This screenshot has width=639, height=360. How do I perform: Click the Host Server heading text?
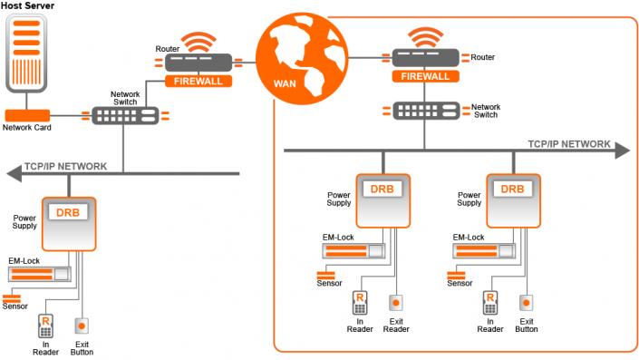27,6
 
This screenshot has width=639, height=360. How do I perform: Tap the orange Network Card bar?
27,115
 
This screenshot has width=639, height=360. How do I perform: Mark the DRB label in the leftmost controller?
69,212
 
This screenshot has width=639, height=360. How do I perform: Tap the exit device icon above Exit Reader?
395,302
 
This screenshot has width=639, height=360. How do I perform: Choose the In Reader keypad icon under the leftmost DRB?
46,325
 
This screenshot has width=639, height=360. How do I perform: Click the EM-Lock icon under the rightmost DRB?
481,251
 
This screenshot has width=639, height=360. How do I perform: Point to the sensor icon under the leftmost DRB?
13,297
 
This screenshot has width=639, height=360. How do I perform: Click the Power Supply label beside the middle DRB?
339,199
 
